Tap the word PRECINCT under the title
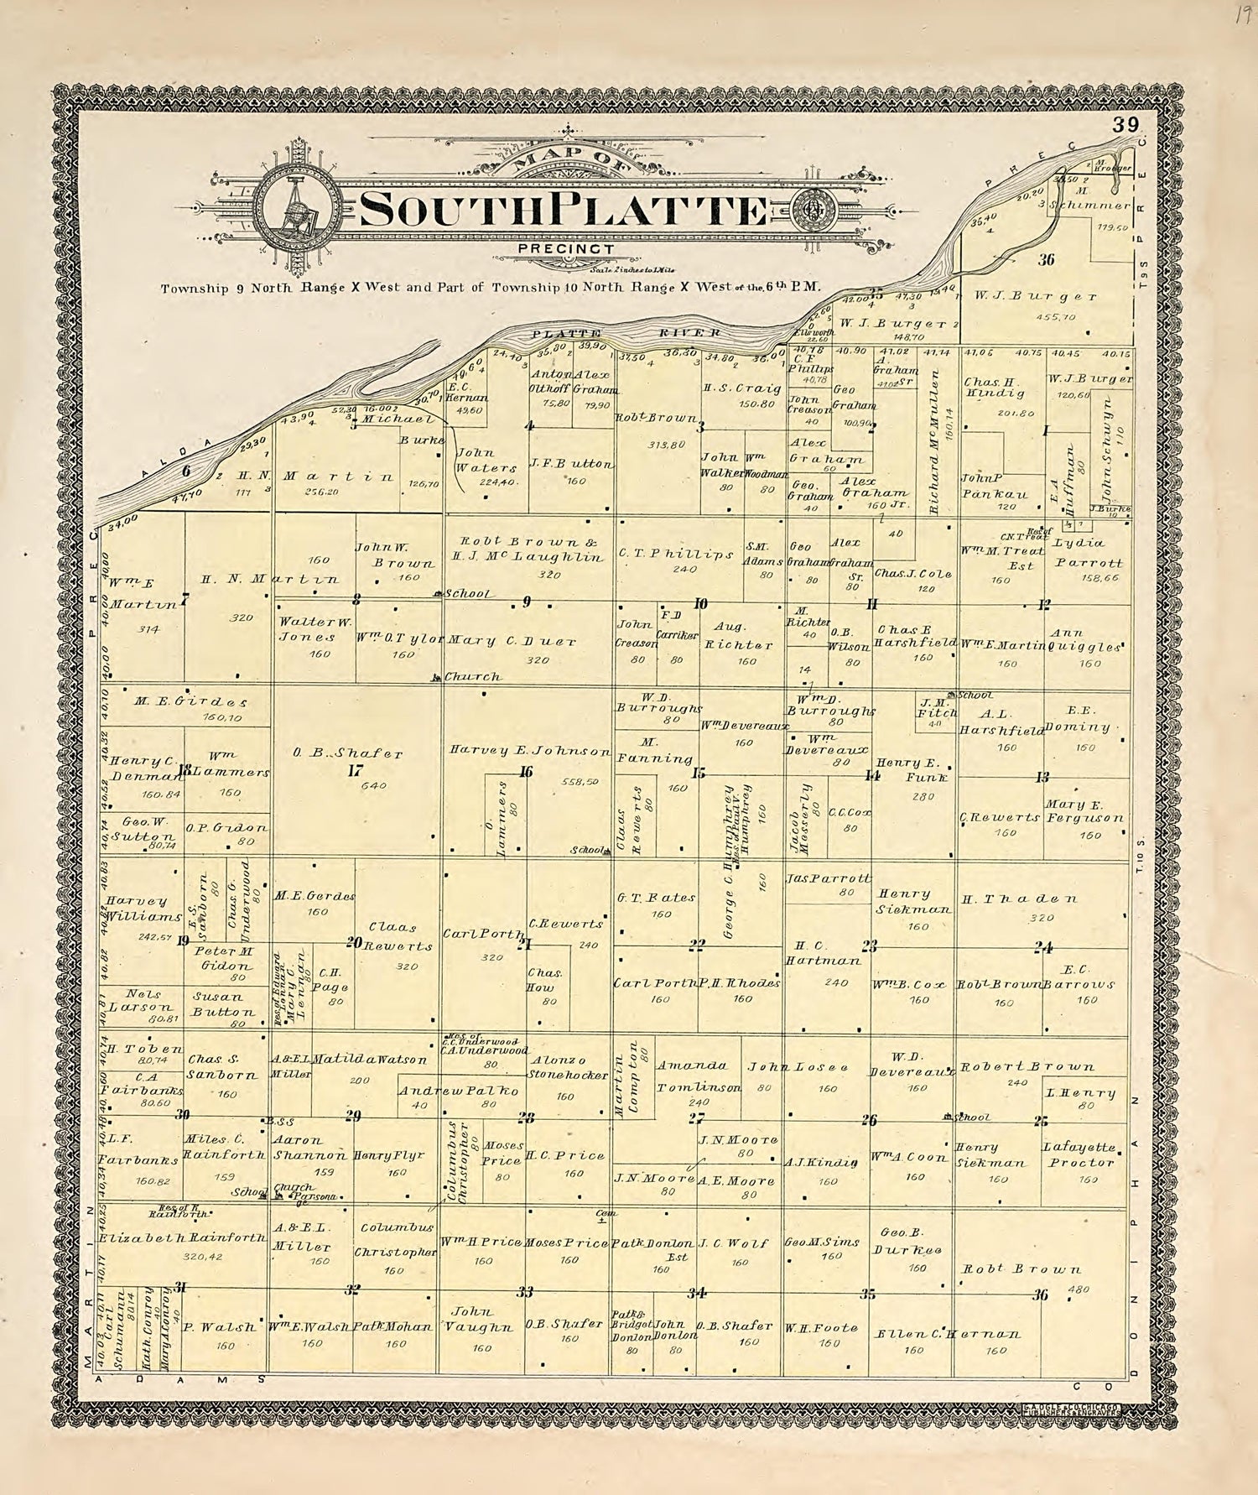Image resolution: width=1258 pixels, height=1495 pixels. pos(567,248)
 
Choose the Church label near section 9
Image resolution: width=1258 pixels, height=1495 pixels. pos(471,676)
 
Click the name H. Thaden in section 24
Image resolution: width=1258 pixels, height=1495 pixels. pos(1018,899)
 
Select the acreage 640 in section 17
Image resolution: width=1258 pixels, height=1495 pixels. pos(366,787)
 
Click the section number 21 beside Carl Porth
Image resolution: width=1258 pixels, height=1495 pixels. pos(526,945)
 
